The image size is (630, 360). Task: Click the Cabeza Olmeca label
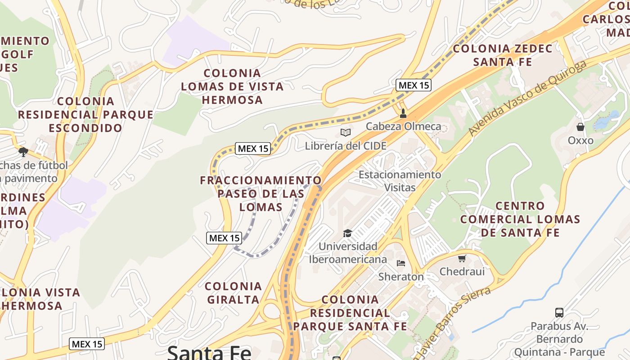[x=403, y=126]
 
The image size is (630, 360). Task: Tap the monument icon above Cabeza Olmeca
[x=403, y=113]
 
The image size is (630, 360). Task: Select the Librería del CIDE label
[x=346, y=146]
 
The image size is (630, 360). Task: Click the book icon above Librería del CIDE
[x=346, y=132]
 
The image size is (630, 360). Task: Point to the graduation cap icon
[x=347, y=233]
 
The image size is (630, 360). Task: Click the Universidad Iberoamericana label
[x=347, y=253]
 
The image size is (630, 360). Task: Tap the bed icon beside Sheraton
[x=401, y=263]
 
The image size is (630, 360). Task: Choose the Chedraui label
[x=462, y=271]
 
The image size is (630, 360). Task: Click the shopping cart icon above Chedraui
[x=462, y=258]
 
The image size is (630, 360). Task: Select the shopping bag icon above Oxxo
[x=580, y=127]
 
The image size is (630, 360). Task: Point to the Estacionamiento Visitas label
[x=400, y=181]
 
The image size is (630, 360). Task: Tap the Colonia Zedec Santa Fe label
[x=503, y=55]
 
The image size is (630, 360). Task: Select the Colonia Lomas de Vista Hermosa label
[x=232, y=86]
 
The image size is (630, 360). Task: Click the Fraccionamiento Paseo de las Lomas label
[x=261, y=193]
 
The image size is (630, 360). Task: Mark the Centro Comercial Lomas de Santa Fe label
[x=520, y=219]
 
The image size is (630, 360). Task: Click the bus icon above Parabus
[x=559, y=312]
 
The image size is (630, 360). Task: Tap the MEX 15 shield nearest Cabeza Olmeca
[x=414, y=85]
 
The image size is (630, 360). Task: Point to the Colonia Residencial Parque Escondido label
[x=85, y=115]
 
